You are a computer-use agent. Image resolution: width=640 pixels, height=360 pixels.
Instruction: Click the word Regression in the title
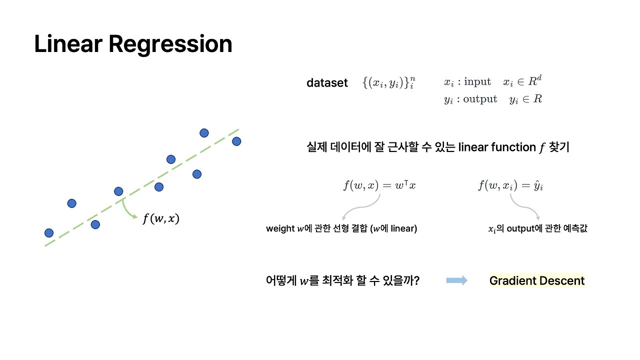point(170,44)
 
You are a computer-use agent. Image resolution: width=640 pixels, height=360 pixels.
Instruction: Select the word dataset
point(327,83)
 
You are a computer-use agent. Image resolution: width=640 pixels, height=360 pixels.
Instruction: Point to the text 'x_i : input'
point(467,82)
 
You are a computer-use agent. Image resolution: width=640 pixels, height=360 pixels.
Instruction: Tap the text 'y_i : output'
point(470,99)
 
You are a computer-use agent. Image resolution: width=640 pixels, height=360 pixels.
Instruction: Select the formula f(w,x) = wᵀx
point(379,185)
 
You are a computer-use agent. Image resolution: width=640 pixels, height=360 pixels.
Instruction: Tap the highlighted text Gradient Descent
point(537,281)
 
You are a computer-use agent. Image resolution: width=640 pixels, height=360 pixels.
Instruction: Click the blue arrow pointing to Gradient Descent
point(456,280)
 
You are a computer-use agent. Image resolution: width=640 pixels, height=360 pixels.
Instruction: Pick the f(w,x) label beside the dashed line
point(160,218)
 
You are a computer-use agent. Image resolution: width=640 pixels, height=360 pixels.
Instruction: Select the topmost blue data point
point(204,133)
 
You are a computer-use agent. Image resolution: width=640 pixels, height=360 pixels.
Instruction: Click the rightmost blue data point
point(236,141)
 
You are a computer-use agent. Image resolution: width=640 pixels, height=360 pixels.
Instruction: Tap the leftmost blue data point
point(49,233)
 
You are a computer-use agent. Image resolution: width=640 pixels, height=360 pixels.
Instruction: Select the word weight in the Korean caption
point(280,229)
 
